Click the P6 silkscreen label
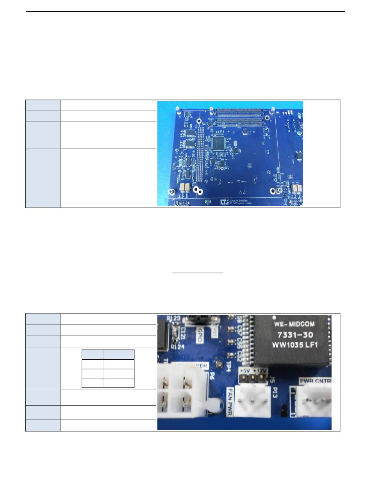[212, 376]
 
